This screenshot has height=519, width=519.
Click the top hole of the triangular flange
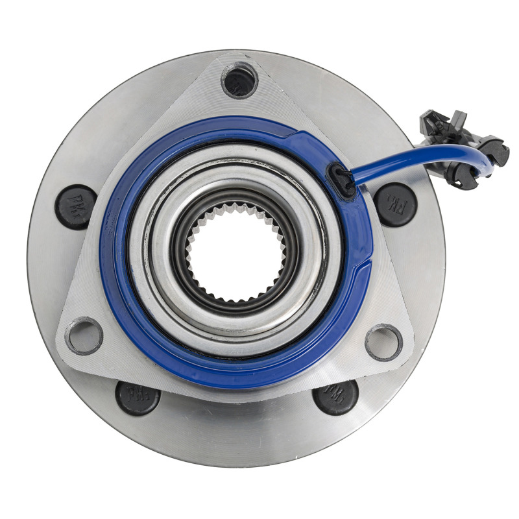tap(240, 81)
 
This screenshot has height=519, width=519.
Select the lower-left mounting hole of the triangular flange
tap(84, 335)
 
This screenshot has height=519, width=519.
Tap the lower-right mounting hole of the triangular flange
tap(383, 342)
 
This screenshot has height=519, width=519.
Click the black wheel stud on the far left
tap(76, 207)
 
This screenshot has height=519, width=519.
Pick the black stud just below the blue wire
tap(394, 204)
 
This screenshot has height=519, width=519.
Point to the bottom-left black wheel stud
tap(138, 397)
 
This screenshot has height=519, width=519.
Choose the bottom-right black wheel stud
tap(335, 396)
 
